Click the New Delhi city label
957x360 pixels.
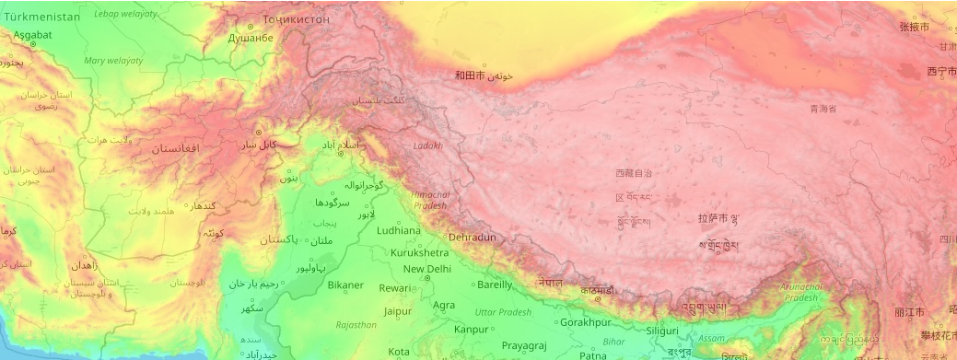426,269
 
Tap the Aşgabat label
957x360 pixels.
31,35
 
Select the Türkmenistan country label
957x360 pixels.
42,17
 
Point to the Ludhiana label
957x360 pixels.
399,230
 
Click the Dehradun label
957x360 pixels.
473,238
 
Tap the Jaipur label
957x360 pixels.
397,311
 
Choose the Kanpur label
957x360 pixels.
471,329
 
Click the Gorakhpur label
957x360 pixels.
586,323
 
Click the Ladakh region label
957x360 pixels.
428,145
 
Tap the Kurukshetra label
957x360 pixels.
419,252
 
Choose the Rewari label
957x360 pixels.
394,288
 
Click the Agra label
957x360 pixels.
444,305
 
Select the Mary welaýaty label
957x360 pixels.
113,61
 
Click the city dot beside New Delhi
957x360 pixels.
428,277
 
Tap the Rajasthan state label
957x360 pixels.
356,325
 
